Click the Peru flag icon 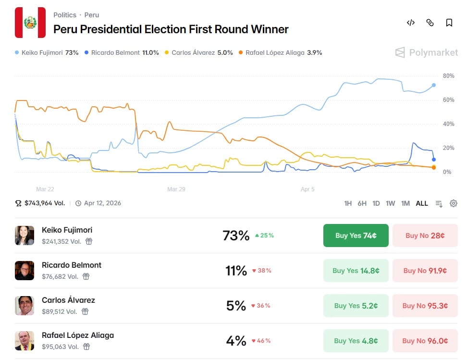click(30, 23)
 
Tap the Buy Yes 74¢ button click(356, 236)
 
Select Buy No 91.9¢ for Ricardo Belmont click(425, 271)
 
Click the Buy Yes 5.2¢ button click(356, 306)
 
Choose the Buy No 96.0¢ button click(425, 341)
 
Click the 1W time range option click(390, 203)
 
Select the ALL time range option click(422, 203)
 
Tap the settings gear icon click(453, 203)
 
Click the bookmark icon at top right click(449, 23)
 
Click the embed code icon click(411, 23)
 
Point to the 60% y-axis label click(448, 100)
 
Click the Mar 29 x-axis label click(176, 189)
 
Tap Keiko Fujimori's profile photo click(25, 236)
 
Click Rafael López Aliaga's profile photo click(25, 341)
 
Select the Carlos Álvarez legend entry click(198, 53)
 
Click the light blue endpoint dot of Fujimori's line click(434, 85)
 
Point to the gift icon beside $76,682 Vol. click(86, 276)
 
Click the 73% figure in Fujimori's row click(236, 236)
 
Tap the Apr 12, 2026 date click(102, 203)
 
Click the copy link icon click(430, 23)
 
